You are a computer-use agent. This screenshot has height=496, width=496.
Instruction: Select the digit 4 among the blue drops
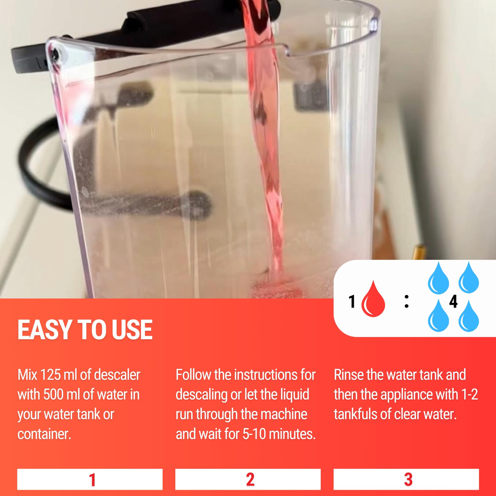(x=453, y=302)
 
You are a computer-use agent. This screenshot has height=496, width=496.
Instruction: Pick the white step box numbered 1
(x=90, y=479)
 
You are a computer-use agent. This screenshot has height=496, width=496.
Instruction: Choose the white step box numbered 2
(x=248, y=479)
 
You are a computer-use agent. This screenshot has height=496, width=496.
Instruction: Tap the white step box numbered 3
(x=406, y=479)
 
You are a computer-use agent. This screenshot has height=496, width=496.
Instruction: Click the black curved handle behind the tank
(x=39, y=167)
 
